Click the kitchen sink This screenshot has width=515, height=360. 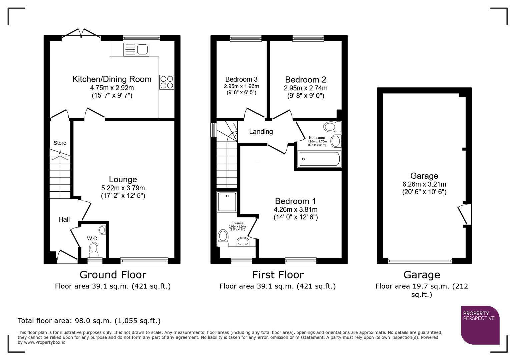coord(136,50)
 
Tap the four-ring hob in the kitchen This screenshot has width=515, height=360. coord(167,82)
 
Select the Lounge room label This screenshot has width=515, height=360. coord(123,180)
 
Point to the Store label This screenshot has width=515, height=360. coord(60,143)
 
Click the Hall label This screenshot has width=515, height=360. coord(64,219)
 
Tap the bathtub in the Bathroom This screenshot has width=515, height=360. coord(319,159)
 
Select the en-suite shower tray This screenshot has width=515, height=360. coord(227,201)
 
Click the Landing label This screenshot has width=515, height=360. coord(261,132)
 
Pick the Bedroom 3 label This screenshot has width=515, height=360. coord(241,79)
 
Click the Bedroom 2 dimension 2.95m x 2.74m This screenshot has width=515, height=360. coord(305,88)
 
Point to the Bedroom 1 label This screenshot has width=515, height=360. coord(295,201)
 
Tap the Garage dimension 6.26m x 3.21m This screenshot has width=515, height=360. coord(424,184)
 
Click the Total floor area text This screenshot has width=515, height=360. coord(89,321)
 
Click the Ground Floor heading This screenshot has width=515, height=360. coord(113,275)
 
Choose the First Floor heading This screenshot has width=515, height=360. coord(278,275)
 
